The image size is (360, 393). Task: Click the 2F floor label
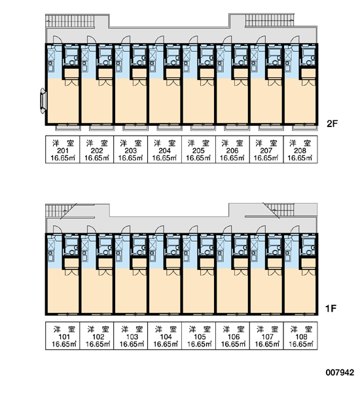tap(333, 124)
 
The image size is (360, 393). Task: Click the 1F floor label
tap(331, 309)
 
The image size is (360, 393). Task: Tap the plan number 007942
tap(340, 373)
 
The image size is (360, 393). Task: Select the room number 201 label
tap(63, 151)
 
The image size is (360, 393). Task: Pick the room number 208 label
tap(300, 151)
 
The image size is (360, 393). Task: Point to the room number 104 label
tap(166, 337)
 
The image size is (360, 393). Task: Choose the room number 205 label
tap(198, 151)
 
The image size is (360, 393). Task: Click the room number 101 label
tap(64, 337)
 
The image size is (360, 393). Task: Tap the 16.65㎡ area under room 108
tap(301, 344)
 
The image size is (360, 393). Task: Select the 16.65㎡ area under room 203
tap(130, 158)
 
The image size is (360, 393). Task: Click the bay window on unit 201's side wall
tap(43, 102)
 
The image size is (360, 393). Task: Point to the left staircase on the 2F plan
tap(70, 20)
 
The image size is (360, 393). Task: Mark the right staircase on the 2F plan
tap(269, 20)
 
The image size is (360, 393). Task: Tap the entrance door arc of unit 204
tap(159, 39)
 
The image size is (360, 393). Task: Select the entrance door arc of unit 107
tap(261, 229)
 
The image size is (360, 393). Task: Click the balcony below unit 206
tap(237, 128)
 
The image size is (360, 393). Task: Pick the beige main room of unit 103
tap(130, 291)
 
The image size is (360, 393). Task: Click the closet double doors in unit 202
tap(105, 83)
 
